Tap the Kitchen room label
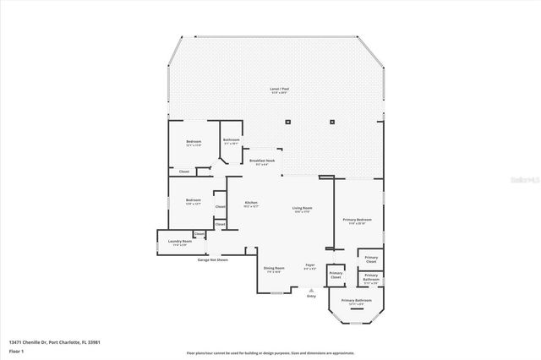251,203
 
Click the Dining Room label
274,269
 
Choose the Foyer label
310,265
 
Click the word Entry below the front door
311,296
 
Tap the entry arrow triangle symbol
311,289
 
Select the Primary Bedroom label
358,220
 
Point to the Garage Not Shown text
213,259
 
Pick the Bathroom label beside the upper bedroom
231,140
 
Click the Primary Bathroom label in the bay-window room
357,301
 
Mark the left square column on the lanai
288,123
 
